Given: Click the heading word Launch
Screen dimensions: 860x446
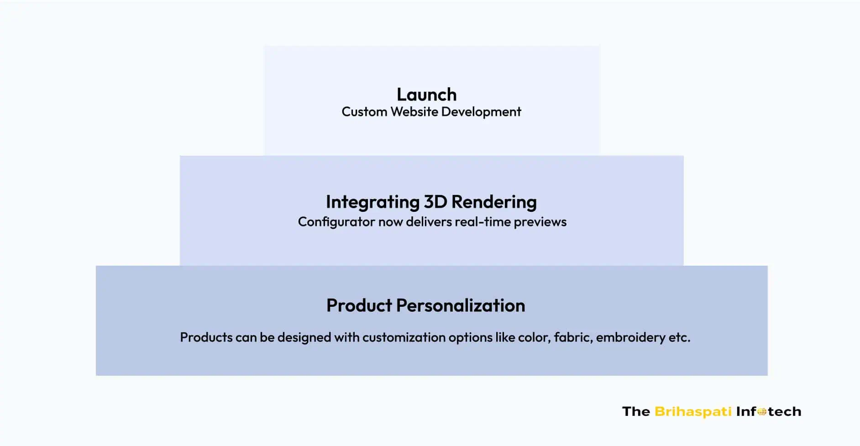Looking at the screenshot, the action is click(426, 94).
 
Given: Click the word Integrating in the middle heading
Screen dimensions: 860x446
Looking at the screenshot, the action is click(372, 202).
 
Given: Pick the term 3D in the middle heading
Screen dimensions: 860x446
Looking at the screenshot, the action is click(435, 202).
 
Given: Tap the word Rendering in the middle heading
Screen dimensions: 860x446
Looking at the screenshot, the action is click(494, 202).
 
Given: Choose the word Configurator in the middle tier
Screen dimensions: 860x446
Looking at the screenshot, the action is click(336, 222).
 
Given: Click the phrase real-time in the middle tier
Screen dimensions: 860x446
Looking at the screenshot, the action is click(482, 222).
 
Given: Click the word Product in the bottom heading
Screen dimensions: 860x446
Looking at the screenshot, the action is click(359, 305).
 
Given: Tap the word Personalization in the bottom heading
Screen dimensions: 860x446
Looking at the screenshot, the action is click(461, 305).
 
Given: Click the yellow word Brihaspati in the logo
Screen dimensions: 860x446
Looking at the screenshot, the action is click(693, 412).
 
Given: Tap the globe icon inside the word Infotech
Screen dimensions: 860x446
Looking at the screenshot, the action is click(762, 412).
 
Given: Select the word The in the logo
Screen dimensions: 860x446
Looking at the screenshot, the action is click(636, 412).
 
